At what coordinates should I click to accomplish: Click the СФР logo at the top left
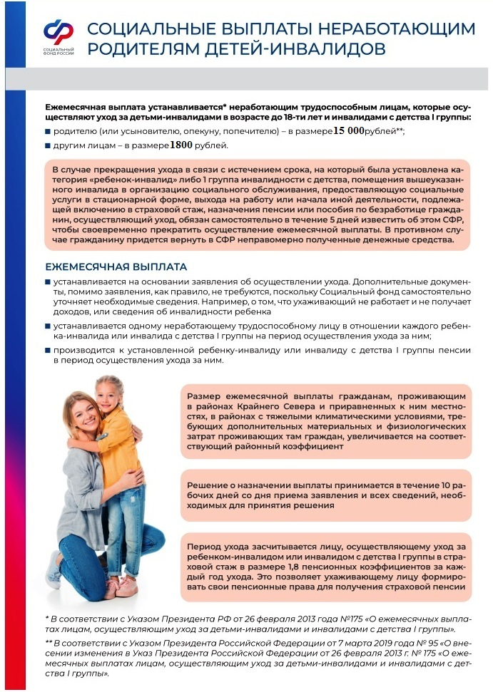coord(59,32)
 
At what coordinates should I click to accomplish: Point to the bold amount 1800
coord(182,145)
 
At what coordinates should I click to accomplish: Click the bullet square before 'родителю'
coord(48,132)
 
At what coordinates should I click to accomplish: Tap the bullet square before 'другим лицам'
coord(48,146)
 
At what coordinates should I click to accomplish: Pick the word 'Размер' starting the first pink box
coord(207,396)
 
